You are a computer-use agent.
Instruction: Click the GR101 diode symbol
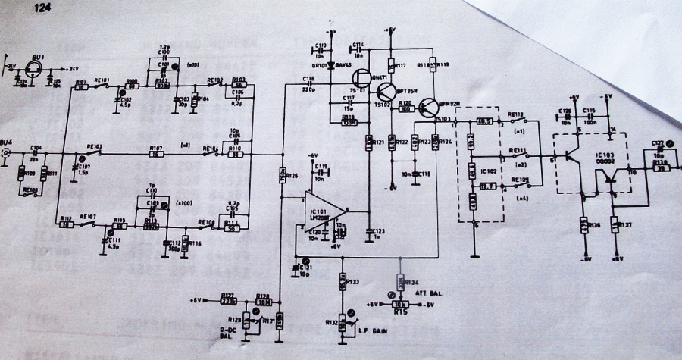point(331,65)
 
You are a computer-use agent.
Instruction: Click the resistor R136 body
point(584,225)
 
